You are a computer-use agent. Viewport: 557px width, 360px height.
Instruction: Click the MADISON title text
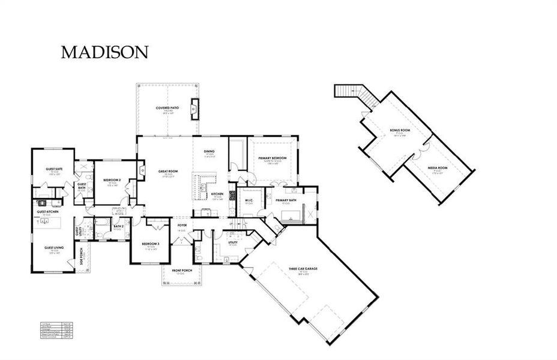pyautogui.click(x=104, y=52)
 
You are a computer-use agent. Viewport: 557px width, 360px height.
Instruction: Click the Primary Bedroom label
pyautogui.click(x=272, y=158)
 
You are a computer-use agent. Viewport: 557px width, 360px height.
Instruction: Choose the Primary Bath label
pyautogui.click(x=286, y=200)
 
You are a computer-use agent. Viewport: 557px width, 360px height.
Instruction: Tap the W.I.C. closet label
pyautogui.click(x=248, y=200)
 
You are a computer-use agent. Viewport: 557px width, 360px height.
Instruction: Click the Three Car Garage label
pyautogui.click(x=303, y=268)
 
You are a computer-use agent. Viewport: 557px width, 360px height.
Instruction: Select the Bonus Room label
pyautogui.click(x=399, y=130)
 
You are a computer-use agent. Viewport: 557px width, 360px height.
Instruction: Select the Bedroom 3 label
pyautogui.click(x=149, y=244)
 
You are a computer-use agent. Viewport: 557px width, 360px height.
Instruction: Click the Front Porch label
pyautogui.click(x=181, y=271)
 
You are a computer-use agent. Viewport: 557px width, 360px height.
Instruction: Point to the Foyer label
pyautogui.click(x=182, y=226)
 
